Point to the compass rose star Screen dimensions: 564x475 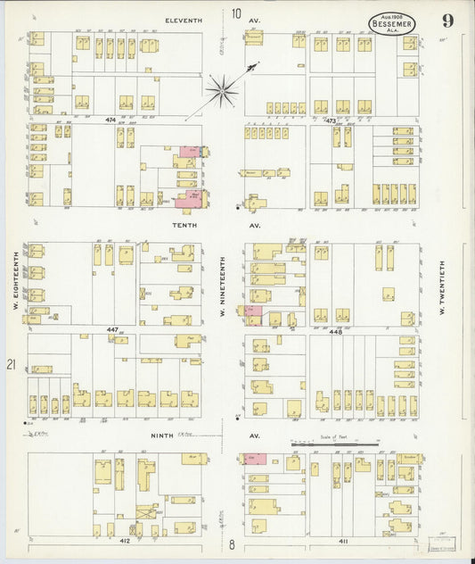(x=221, y=89)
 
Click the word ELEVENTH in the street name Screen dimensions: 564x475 (x=184, y=19)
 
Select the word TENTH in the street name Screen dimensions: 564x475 (x=184, y=226)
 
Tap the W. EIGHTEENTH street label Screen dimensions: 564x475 (x=16, y=281)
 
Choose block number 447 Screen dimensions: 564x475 (x=112, y=329)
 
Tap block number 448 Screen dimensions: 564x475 (x=334, y=329)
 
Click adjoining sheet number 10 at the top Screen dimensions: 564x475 (x=235, y=13)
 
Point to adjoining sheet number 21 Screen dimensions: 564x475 (x=12, y=364)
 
